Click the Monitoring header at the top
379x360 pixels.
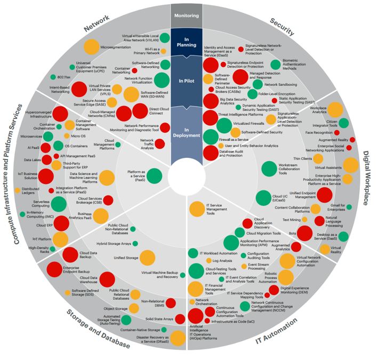pyautogui.click(x=186, y=16)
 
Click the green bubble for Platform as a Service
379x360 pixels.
pyautogui.click(x=154, y=175)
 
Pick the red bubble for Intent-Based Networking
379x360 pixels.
pyautogui.click(x=79, y=89)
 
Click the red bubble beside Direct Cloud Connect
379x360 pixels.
pyautogui.click(x=141, y=111)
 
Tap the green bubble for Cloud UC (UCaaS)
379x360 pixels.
pyautogui.click(x=263, y=197)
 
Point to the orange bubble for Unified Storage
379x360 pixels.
pyautogui.click(x=147, y=258)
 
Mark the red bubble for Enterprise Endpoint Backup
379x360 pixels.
pyautogui.click(x=55, y=270)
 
